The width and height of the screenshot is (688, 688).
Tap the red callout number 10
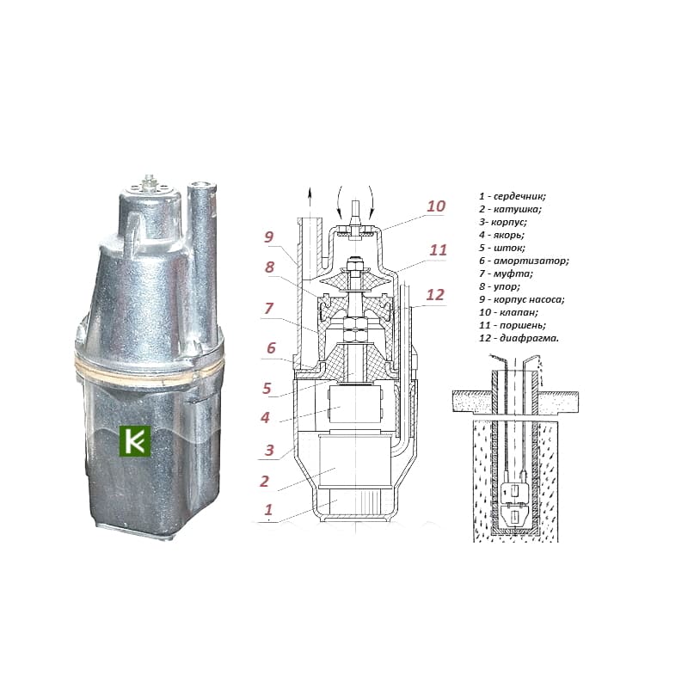coord(436,206)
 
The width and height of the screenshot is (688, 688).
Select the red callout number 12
coord(435,295)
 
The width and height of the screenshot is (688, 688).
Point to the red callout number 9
coord(268,237)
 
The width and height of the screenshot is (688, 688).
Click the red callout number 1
coord(268,509)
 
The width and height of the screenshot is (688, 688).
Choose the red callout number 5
coord(267,388)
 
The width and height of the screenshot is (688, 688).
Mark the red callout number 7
coord(268,309)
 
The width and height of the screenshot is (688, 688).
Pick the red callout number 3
coord(269,450)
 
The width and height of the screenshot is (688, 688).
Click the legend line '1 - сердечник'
coord(512,196)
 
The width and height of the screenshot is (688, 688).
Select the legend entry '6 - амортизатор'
coord(524,261)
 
